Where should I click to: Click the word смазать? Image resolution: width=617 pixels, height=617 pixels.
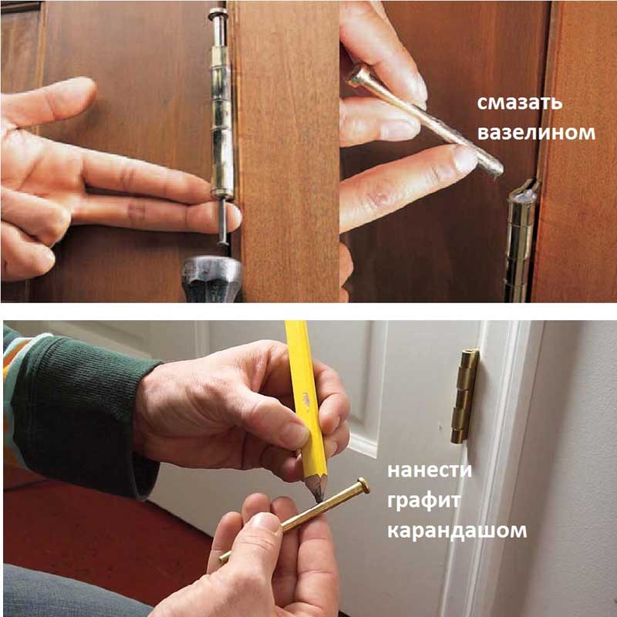(x=519, y=103)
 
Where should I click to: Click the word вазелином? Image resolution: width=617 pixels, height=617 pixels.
(x=536, y=133)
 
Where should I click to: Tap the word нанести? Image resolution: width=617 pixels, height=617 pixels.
(x=430, y=470)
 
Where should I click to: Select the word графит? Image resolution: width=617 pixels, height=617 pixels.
(x=423, y=501)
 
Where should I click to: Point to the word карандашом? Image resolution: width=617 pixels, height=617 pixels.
(x=457, y=531)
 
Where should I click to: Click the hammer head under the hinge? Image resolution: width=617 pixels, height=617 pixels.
(x=211, y=278)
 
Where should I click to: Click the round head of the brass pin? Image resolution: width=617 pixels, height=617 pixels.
(x=363, y=486)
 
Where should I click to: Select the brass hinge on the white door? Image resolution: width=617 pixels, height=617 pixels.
(x=465, y=396)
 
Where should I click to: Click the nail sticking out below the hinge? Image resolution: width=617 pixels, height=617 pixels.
(x=223, y=221)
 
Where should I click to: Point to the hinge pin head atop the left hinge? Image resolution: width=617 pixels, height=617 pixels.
(x=218, y=12)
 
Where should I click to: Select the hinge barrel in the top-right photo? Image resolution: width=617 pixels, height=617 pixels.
(x=520, y=241)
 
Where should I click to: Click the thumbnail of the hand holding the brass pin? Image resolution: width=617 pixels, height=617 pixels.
(x=266, y=524)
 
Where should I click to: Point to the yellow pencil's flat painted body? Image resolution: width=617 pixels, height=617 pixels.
(x=305, y=398)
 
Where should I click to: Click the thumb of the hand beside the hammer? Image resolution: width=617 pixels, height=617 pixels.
(x=47, y=99)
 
